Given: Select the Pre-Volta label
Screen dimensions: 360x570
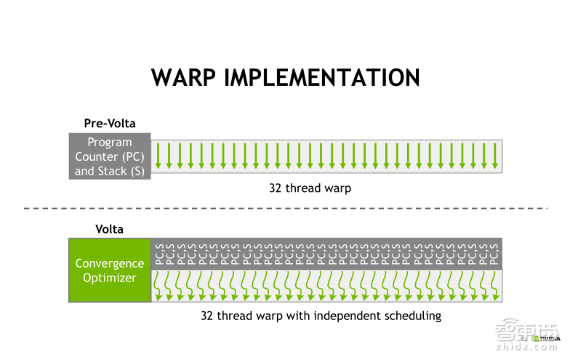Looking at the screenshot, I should coord(110,124).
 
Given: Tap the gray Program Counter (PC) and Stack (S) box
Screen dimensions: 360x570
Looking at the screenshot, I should coord(110,156).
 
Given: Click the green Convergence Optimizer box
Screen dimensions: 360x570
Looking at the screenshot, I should coord(110,270).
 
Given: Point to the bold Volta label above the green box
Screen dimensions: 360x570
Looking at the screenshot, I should coord(110,229).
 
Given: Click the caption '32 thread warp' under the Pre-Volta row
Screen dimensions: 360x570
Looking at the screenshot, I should coord(310,188).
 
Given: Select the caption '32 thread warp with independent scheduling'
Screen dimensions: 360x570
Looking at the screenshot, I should coord(321,316).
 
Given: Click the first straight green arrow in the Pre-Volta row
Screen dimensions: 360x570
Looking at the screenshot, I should coord(158,156).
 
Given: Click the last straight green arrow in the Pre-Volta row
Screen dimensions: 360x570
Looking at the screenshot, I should coord(495,156).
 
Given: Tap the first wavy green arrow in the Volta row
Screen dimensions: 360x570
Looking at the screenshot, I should coord(159,285).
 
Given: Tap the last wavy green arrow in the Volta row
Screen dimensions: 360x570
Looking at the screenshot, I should coord(495,285).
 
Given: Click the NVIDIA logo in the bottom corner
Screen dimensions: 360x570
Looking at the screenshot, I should coord(546,338).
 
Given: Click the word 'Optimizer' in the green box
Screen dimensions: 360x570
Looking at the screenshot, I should coord(110,278).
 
